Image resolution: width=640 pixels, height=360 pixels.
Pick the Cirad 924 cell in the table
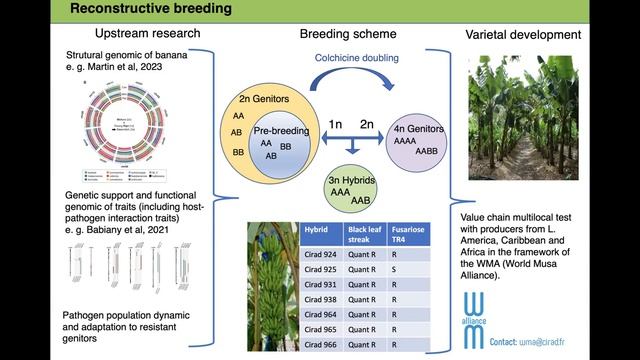(322, 255)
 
